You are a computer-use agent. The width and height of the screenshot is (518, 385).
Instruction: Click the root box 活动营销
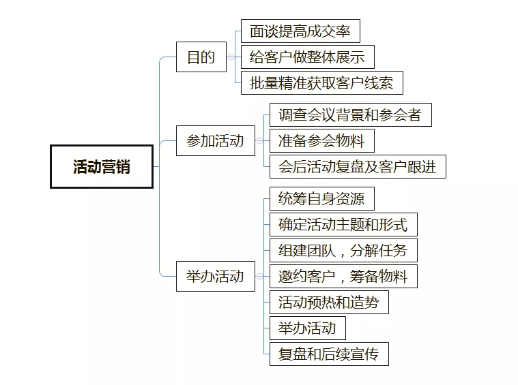coord(102,166)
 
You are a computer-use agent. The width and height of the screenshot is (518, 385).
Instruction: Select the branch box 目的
coord(201,57)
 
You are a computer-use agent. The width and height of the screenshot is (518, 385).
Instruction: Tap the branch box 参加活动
coord(215,141)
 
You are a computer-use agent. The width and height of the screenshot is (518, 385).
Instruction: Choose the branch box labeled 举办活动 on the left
coord(215,276)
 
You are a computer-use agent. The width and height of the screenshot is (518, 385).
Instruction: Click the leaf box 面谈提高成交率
coord(300,31)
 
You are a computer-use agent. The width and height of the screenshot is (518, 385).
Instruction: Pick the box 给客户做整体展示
coord(307,57)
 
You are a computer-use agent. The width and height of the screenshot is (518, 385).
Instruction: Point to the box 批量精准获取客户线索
coord(321,83)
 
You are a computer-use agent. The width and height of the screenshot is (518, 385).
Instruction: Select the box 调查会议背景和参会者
coord(350,115)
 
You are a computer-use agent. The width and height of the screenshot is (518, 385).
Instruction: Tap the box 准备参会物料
coord(321,141)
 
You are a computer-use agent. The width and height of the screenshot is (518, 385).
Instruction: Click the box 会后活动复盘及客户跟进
coord(357,167)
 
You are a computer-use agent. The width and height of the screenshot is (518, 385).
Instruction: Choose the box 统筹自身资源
coord(321,199)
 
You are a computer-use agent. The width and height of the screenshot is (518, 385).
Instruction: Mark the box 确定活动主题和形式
coord(343,225)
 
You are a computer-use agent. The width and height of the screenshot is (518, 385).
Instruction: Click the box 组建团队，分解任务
coord(343,250)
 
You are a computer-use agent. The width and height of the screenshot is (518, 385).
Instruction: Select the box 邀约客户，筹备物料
coord(343,276)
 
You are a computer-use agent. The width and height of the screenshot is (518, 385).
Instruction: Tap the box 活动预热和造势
coord(328,302)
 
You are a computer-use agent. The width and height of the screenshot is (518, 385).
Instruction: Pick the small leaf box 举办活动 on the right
coord(307,328)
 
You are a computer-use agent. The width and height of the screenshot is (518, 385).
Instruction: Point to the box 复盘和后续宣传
coord(328,354)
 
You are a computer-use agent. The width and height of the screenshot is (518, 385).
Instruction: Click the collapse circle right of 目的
coord(231,57)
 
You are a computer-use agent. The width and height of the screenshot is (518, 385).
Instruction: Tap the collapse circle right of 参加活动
coord(259,141)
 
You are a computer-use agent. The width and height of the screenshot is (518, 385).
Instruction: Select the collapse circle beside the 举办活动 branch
coord(259,276)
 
